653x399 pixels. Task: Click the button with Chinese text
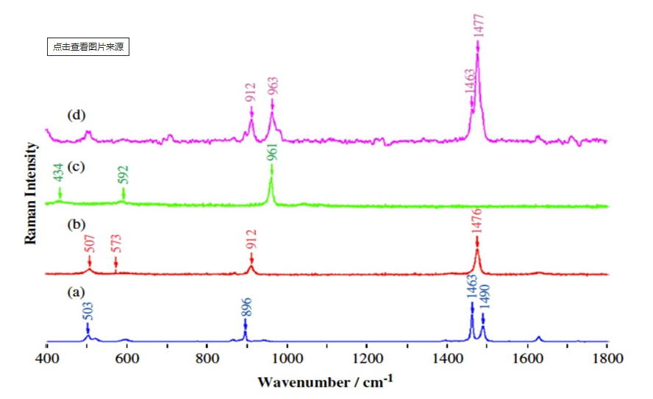pyautogui.click(x=88, y=46)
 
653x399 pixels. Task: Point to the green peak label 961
pyautogui.click(x=272, y=150)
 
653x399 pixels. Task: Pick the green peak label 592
pyautogui.click(x=123, y=176)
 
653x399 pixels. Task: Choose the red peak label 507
pyautogui.click(x=89, y=244)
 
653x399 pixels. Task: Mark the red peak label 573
pyautogui.click(x=115, y=244)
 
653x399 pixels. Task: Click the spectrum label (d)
pyautogui.click(x=76, y=115)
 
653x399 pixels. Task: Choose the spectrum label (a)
pyautogui.click(x=76, y=292)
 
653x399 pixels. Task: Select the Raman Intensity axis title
pyautogui.click(x=31, y=193)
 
